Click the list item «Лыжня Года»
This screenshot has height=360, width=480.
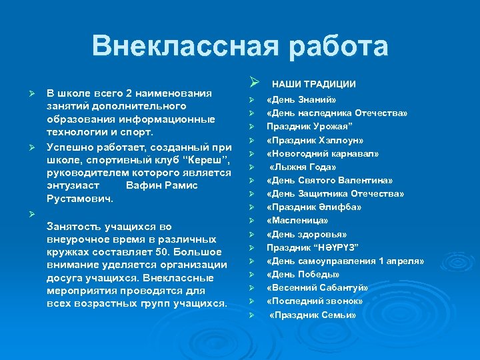click(x=303, y=167)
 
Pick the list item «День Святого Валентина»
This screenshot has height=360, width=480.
click(x=329, y=180)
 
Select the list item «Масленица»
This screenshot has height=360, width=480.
click(x=297, y=220)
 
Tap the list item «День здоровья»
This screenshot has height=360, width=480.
click(x=307, y=234)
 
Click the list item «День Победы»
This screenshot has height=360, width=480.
click(x=303, y=274)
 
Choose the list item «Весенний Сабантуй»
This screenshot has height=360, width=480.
click(x=317, y=287)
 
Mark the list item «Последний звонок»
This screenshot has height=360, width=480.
click(x=315, y=301)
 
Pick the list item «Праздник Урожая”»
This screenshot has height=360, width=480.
click(x=305, y=127)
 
